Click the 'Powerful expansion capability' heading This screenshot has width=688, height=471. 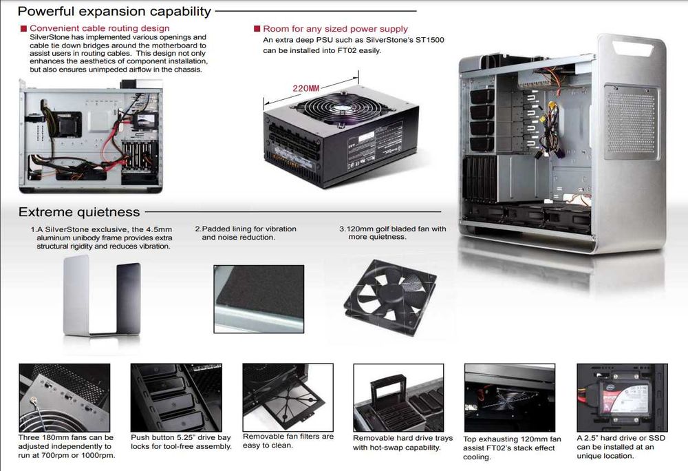pos(114,11)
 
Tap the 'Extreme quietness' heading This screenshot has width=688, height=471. pos(79,212)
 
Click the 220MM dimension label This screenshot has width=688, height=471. pos(306,88)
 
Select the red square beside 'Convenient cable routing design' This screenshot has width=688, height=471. pos(23,28)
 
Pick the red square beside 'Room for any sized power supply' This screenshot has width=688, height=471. pos(257,29)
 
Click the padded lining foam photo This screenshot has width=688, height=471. pos(259,298)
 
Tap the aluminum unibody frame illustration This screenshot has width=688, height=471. pos(102,296)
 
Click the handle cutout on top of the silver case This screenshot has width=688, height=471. pos(635,47)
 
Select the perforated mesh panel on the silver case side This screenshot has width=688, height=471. pos(630,122)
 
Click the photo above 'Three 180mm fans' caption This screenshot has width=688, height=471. pos(65,398)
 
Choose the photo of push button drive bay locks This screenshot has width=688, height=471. pos(176,398)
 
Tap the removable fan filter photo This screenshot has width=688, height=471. pos(288,397)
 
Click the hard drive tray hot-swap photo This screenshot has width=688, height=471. pos(398,398)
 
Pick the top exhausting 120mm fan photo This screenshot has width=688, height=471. pos(509,398)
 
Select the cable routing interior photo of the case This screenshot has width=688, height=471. pos(91,136)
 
